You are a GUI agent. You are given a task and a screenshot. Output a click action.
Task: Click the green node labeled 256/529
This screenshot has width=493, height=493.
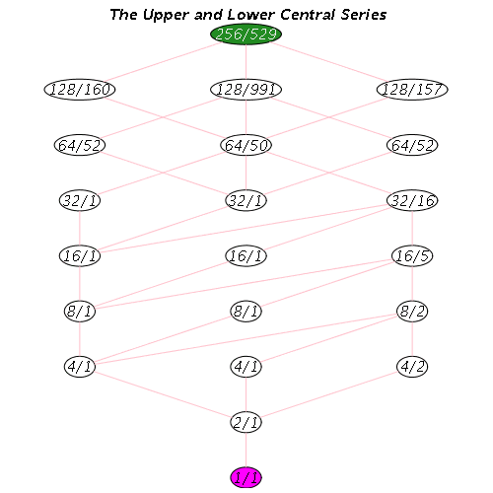pos(246,35)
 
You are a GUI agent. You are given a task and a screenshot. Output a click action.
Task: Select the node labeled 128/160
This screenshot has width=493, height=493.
pos(80,90)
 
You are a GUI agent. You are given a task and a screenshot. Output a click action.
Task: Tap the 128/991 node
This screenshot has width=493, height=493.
pos(246,90)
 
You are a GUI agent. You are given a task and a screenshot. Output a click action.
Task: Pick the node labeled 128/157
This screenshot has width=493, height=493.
pos(412,90)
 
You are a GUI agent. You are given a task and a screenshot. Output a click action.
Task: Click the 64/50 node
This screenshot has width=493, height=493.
pos(246,145)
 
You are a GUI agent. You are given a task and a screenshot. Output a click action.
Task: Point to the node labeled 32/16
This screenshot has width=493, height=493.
pos(412,200)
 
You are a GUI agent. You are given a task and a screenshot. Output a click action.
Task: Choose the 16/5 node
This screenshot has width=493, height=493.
pos(412,255)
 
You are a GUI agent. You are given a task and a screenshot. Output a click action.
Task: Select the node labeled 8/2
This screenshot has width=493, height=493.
pos(412,311)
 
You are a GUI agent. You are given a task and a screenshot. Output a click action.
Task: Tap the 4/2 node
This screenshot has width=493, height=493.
pos(412,367)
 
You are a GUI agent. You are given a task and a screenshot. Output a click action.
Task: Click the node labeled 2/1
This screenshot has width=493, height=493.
pos(246,422)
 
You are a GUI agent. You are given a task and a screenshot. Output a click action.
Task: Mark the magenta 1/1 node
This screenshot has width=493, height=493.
pos(246,477)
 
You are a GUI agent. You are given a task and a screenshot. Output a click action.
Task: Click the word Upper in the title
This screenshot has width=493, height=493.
pos(166,16)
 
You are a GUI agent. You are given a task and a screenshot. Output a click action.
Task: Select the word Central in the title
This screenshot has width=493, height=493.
pos(308,15)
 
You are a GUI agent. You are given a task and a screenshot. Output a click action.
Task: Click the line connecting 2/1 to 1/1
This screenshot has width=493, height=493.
pos(246,450)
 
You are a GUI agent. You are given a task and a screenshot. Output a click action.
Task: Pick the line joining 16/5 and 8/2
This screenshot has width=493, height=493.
pos(412,283)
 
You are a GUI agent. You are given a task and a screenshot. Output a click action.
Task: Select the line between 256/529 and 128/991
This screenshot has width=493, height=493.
pos(246,62)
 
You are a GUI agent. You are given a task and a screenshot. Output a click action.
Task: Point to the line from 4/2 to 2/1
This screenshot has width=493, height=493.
pos(329,394)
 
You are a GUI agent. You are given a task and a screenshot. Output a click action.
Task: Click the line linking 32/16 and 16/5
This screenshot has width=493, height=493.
pos(412,228)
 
